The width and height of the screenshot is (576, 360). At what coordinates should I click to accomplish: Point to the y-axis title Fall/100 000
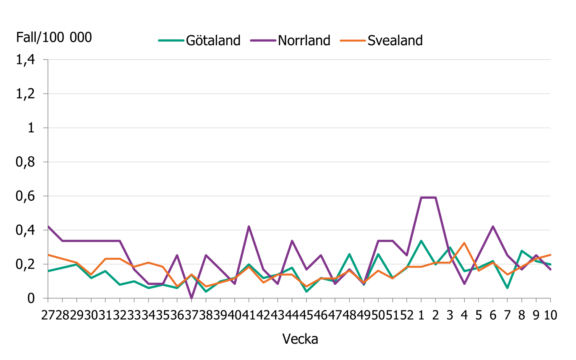click(x=54, y=37)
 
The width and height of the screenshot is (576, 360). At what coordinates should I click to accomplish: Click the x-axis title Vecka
click(x=300, y=339)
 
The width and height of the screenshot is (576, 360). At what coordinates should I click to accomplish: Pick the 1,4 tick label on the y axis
click(x=25, y=60)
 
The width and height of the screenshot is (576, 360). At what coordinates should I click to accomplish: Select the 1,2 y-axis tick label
click(x=25, y=94)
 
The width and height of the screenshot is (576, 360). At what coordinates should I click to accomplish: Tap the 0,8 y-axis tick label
click(x=25, y=162)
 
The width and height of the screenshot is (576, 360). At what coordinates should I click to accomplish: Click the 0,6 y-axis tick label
click(x=25, y=196)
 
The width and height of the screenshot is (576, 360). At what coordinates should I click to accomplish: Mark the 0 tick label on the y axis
click(x=31, y=299)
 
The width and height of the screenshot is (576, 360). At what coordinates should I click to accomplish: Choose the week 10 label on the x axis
click(x=551, y=315)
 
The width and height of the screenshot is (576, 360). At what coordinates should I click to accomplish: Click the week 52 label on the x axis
click(x=407, y=315)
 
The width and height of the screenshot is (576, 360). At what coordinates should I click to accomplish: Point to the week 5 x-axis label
click(x=479, y=315)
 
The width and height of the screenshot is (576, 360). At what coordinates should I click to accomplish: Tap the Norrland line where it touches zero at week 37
click(x=192, y=298)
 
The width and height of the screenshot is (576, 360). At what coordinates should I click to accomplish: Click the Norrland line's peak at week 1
click(x=421, y=198)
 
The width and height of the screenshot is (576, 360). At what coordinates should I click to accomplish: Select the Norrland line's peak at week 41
click(x=249, y=226)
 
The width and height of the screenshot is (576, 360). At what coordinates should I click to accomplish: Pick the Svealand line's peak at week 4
click(x=464, y=243)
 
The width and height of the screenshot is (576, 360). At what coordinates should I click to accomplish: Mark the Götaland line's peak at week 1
click(x=421, y=241)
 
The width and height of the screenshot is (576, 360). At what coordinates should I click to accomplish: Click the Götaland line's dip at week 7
click(x=507, y=288)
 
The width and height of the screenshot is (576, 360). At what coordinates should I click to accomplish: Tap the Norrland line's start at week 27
click(x=48, y=226)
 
